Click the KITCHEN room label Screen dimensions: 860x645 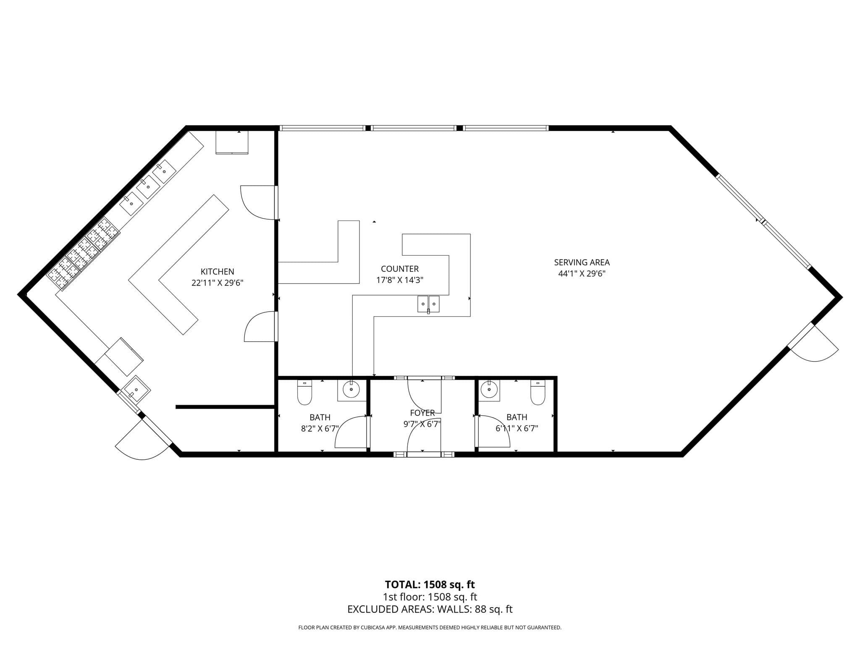217,272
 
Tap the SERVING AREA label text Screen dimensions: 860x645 582,262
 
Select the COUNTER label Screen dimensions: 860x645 400,269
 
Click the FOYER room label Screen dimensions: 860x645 422,413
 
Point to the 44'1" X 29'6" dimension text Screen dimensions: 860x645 582,274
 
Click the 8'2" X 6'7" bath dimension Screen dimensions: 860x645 320,428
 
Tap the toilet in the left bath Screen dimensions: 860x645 304,392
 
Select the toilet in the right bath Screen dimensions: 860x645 537,392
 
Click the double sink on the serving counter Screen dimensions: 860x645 428,304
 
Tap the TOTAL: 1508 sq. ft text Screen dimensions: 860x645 430,585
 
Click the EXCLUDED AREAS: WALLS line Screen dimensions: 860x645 430,609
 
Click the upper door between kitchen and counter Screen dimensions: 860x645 257,202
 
